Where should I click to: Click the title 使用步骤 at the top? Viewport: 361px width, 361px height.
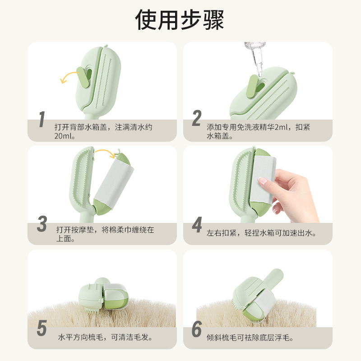point(180,20)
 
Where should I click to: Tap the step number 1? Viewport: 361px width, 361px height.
point(42,120)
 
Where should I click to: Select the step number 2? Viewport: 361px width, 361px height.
point(196,118)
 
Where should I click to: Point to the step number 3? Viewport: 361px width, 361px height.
point(42,224)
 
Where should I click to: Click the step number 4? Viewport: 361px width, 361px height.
point(197,225)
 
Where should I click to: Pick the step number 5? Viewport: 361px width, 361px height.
point(42,329)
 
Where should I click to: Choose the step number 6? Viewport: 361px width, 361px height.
point(196,329)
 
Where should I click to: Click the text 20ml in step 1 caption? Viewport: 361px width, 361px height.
point(64,136)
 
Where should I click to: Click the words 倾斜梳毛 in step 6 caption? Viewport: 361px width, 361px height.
point(221,337)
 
